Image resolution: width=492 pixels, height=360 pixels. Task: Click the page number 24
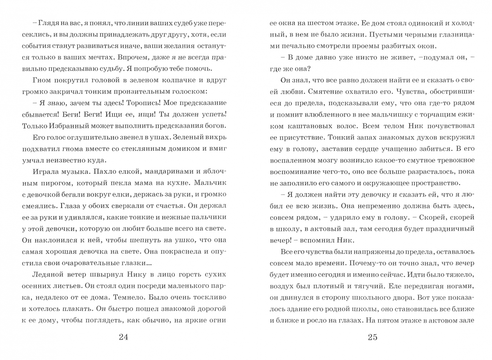tap(123, 337)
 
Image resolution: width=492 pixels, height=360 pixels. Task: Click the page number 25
tap(372, 337)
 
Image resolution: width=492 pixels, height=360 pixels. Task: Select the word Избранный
tap(65, 126)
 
